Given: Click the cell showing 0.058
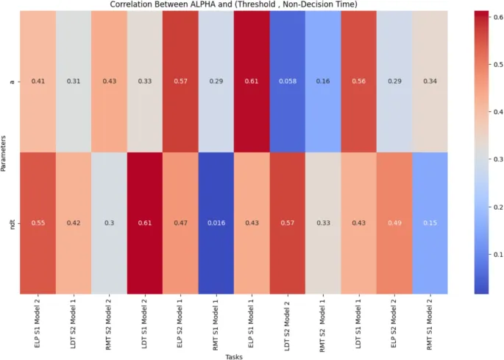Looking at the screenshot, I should click(x=283, y=80).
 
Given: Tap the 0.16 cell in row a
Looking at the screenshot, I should click(x=324, y=80).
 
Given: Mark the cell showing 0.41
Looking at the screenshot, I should click(x=38, y=80).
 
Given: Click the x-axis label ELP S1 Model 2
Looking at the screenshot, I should click(x=39, y=320).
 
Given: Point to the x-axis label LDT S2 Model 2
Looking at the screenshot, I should click(x=284, y=320).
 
